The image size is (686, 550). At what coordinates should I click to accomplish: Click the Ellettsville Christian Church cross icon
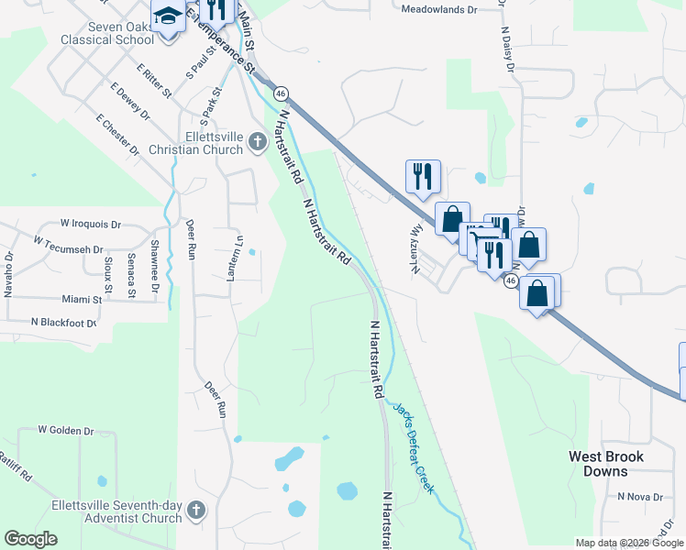[258, 143]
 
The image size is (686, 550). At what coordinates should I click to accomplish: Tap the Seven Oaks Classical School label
[108, 33]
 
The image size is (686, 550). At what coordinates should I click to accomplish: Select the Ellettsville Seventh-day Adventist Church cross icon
[195, 510]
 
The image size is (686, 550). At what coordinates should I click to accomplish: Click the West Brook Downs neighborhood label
[606, 464]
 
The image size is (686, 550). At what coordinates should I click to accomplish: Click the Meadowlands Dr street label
[440, 9]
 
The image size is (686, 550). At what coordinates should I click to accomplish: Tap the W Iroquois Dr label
[91, 224]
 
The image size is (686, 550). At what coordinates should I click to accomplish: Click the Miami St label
[83, 300]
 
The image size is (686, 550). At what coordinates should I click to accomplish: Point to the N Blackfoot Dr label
[63, 323]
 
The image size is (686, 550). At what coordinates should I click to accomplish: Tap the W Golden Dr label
[66, 430]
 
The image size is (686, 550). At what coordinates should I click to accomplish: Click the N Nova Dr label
[639, 496]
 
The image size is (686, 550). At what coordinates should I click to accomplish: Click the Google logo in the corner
[31, 539]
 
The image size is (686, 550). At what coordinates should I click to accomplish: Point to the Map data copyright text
[630, 543]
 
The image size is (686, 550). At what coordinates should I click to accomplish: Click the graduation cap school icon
[168, 16]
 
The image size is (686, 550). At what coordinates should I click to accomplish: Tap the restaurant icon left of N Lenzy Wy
[423, 174]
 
